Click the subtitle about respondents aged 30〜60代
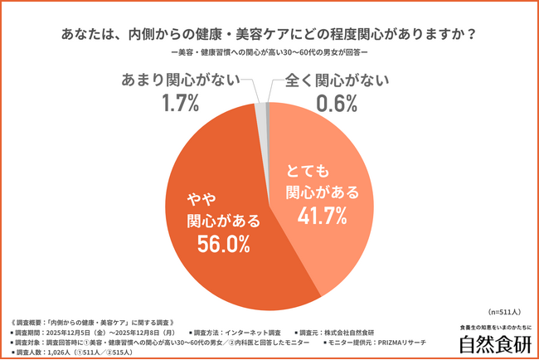coord(269,54)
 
